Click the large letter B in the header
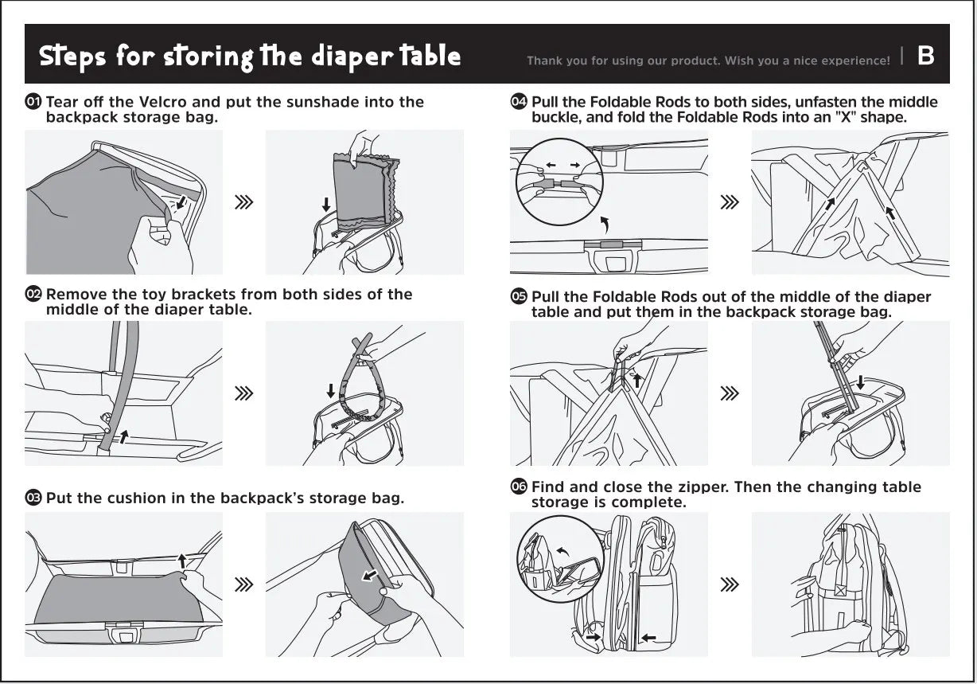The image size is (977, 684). [x=925, y=56]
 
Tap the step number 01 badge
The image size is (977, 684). [x=33, y=102]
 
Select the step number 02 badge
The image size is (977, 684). [x=33, y=294]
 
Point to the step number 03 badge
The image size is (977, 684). [x=33, y=498]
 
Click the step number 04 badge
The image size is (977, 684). [x=519, y=102]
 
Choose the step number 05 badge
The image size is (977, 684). [x=519, y=297]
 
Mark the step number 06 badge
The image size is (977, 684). [x=519, y=487]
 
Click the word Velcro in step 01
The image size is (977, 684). [x=163, y=102]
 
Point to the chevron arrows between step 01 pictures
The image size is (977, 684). [x=243, y=202]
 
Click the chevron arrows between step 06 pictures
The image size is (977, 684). [x=730, y=584]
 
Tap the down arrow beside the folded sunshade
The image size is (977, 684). [x=326, y=205]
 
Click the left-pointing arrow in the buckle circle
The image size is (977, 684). [x=551, y=165]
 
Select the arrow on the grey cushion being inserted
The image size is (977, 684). [x=370, y=576]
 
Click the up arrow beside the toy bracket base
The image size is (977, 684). [x=124, y=436]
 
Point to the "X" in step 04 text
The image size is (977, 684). [x=845, y=117]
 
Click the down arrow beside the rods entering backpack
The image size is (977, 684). [x=861, y=383]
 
